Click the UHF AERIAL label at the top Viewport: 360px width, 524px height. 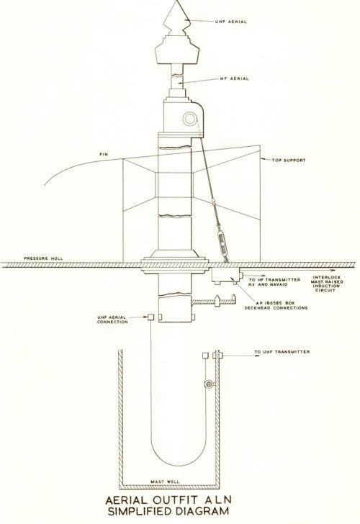point(231,22)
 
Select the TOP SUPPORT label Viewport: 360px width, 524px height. point(289,160)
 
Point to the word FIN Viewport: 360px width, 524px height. point(104,154)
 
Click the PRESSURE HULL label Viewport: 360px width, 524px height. point(43,258)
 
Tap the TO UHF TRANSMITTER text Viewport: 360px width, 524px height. point(282,352)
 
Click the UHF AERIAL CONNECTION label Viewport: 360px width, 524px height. point(112,320)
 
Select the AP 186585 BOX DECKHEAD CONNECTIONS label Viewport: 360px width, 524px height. point(276,305)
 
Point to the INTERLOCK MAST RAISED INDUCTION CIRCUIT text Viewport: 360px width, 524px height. point(328,284)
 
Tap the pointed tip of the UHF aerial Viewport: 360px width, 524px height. point(176,1)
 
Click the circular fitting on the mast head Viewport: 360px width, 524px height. point(189,119)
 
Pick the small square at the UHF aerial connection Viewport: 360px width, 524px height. point(150,317)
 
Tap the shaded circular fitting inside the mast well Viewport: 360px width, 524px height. point(209,384)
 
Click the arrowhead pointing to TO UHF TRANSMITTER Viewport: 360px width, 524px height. point(257,356)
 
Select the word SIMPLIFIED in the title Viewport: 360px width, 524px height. point(143,511)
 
